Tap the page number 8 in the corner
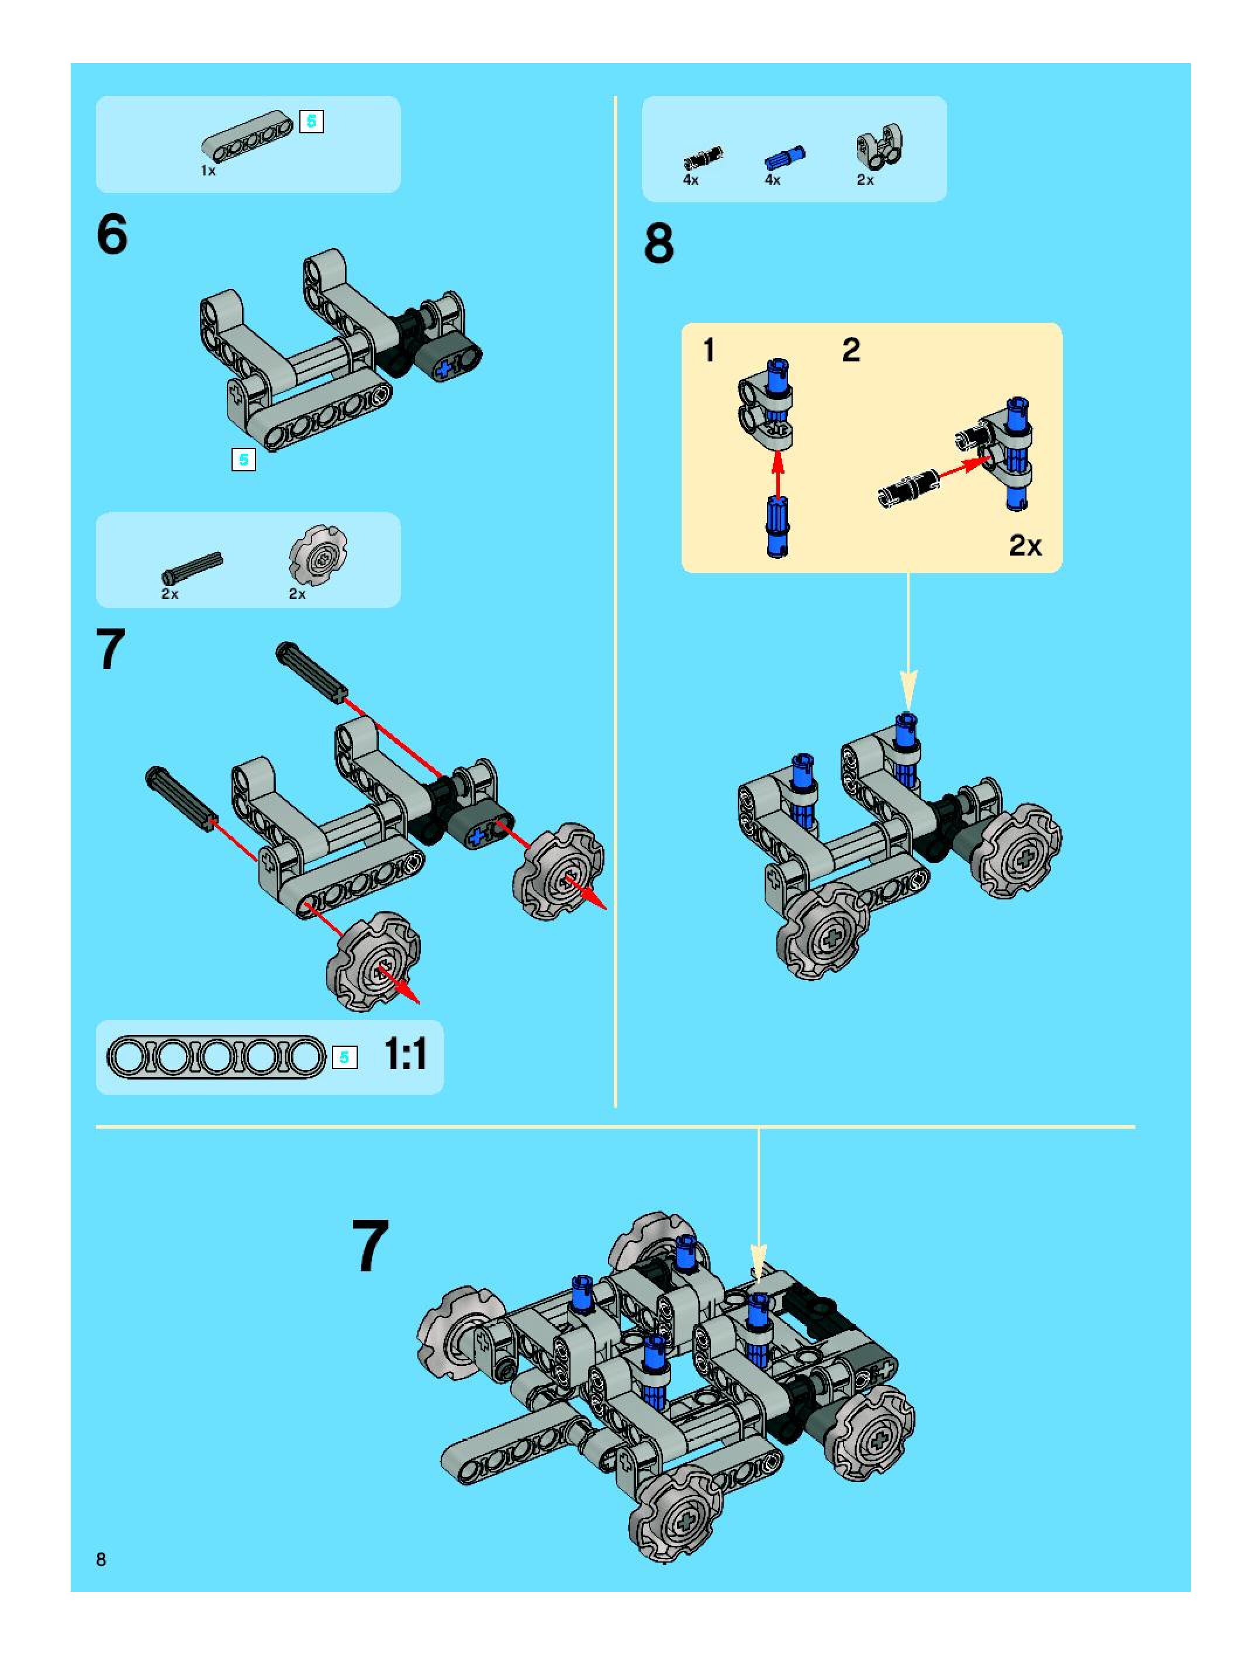click(x=101, y=1559)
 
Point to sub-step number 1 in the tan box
click(x=709, y=350)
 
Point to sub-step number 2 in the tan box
click(x=851, y=350)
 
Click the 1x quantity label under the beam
click(x=208, y=171)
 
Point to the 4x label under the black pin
click(x=691, y=180)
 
